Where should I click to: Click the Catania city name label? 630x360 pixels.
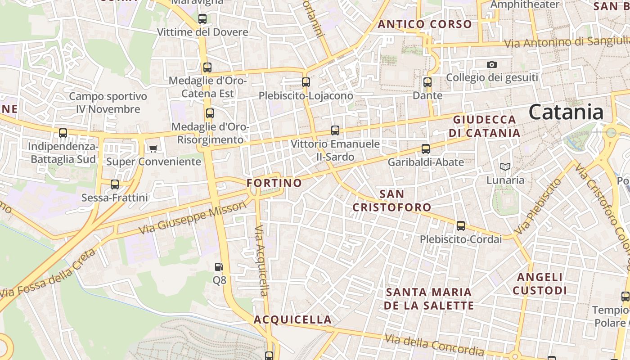pyautogui.click(x=566, y=112)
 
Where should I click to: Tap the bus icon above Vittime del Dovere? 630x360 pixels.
pyautogui.click(x=202, y=19)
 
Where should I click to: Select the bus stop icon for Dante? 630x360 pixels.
pyautogui.click(x=427, y=82)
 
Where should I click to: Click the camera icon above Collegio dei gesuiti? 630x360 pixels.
pyautogui.click(x=492, y=64)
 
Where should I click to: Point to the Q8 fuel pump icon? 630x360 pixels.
pyautogui.click(x=219, y=267)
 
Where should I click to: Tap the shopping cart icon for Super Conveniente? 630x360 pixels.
pyautogui.click(x=153, y=148)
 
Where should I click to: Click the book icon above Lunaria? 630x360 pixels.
pyautogui.click(x=505, y=167)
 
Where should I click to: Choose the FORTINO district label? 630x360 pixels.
pyautogui.click(x=274, y=183)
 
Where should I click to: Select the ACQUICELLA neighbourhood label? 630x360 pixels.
pyautogui.click(x=292, y=319)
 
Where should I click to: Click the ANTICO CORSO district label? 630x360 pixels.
pyautogui.click(x=425, y=24)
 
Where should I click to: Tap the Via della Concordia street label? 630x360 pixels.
pyautogui.click(x=434, y=345)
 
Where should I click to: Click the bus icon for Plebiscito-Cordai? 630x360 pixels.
pyautogui.click(x=461, y=226)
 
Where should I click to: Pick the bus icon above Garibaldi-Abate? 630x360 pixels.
pyautogui.click(x=426, y=148)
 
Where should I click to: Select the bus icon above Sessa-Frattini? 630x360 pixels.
pyautogui.click(x=115, y=184)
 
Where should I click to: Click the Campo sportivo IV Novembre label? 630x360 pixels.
pyautogui.click(x=108, y=103)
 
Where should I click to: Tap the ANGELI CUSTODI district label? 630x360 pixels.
pyautogui.click(x=540, y=283)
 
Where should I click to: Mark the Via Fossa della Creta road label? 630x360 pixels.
pyautogui.click(x=47, y=274)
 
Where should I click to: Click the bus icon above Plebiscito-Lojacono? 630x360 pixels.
pyautogui.click(x=306, y=82)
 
